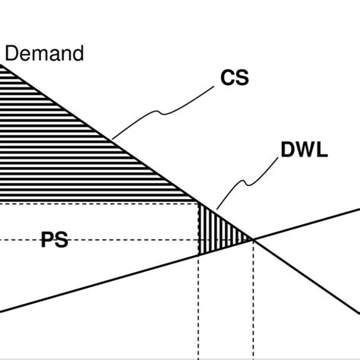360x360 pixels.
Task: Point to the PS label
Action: (x=54, y=242)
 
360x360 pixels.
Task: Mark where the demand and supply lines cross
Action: (x=252, y=240)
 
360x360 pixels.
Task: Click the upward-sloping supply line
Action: (x=114, y=282)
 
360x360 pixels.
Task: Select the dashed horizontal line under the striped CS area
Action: (x=99, y=203)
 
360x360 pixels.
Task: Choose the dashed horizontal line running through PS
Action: (x=137, y=240)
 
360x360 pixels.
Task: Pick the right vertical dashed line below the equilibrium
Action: (x=252, y=304)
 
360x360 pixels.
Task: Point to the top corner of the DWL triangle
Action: (x=199, y=204)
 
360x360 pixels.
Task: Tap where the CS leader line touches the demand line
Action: (x=112, y=139)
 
